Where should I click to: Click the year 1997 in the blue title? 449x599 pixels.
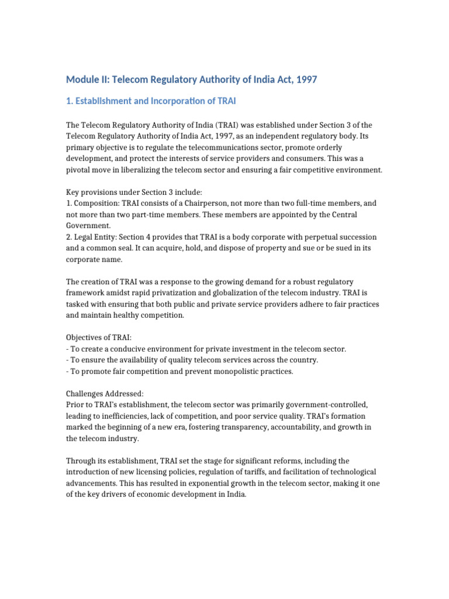pos(306,79)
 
